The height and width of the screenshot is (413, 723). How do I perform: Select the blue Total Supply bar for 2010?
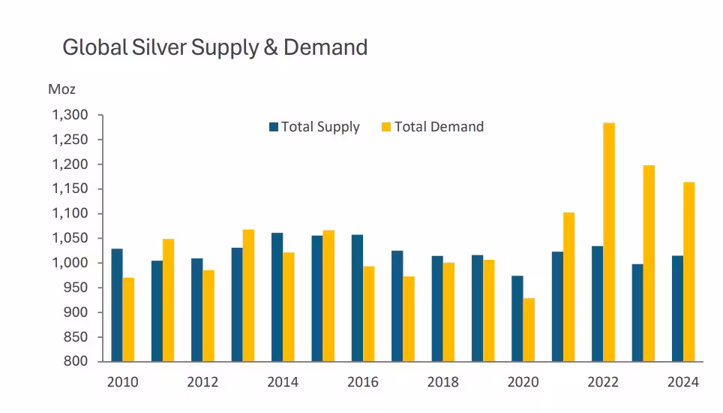(x=117, y=305)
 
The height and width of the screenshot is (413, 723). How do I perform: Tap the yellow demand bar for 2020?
(x=529, y=330)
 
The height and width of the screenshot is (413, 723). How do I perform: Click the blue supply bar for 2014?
(x=277, y=297)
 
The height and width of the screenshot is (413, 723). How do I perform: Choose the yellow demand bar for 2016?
(x=368, y=313)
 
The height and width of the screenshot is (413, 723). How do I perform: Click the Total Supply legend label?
(x=320, y=127)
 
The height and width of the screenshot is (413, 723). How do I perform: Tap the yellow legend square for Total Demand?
(x=387, y=127)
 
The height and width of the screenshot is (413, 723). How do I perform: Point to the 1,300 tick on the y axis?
(x=70, y=115)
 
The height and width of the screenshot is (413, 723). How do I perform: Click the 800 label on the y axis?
(x=76, y=361)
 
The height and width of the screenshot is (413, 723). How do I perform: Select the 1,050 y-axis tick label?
(x=70, y=238)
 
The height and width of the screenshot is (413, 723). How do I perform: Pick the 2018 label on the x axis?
(x=442, y=382)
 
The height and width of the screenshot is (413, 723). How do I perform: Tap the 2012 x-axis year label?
(x=202, y=382)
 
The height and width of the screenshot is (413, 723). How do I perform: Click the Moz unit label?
(x=61, y=89)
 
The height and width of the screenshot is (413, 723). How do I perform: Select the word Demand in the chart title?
(x=326, y=47)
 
